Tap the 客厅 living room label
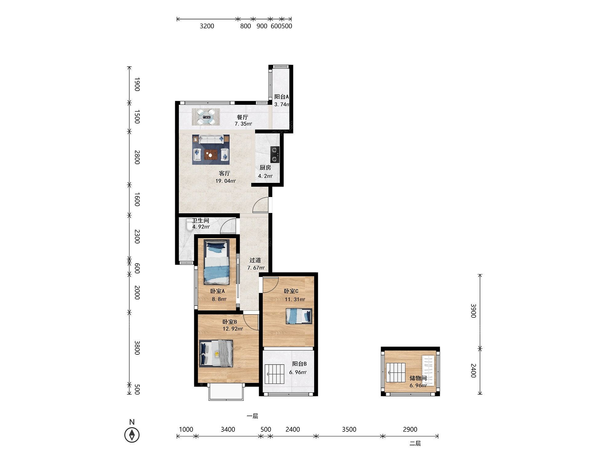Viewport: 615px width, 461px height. (224, 173)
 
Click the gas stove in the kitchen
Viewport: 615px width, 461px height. (275, 155)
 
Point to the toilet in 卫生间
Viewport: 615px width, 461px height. (189, 224)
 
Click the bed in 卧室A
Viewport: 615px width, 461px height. (217, 262)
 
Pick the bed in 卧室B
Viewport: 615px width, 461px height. (216, 353)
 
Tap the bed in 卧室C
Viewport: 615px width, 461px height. (299, 316)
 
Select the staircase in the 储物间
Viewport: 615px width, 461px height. (396, 372)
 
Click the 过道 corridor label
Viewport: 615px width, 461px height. (255, 260)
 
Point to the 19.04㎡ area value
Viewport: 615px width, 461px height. (225, 181)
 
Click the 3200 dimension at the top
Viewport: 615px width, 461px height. (207, 26)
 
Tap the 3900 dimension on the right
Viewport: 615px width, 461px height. (473, 311)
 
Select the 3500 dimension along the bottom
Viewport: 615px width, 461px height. (349, 429)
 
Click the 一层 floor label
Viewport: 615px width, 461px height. (252, 416)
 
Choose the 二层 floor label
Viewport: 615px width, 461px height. (415, 443)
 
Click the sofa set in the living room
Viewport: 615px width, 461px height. (211, 150)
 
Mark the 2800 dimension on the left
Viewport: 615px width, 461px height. (137, 157)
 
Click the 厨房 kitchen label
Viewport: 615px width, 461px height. (265, 167)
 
